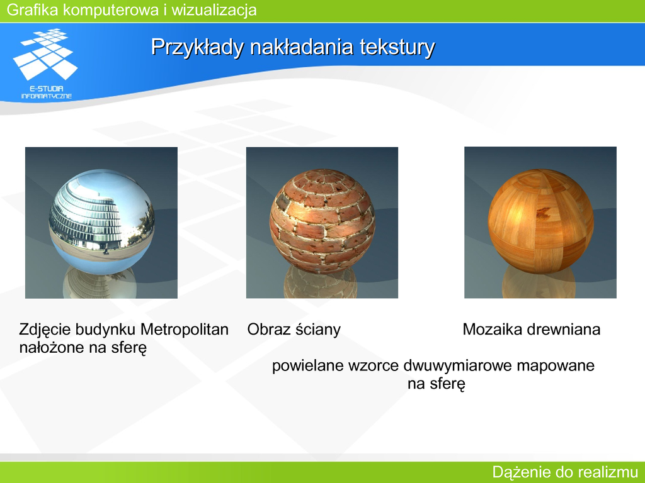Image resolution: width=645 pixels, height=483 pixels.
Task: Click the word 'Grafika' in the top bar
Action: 33,10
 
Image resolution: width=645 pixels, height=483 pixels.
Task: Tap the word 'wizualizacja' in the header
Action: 214,10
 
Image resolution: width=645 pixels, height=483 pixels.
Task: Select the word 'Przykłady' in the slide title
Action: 198,47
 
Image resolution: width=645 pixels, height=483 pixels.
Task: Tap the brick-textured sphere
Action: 322,222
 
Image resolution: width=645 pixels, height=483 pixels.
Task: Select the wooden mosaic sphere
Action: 540,221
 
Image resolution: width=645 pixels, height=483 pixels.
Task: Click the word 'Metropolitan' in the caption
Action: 185,330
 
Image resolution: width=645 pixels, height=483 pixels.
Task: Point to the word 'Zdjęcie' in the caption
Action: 45,330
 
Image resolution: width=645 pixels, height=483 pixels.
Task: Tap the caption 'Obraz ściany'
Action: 294,330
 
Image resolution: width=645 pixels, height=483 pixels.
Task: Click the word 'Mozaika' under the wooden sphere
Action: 489,330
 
